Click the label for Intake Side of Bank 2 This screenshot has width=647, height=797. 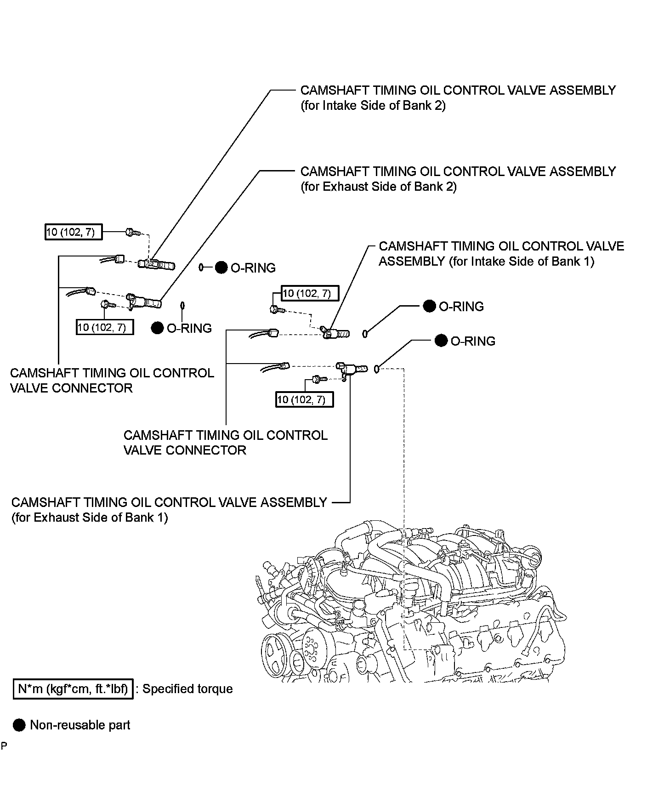[458, 97]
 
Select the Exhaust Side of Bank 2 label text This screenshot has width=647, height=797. [458, 178]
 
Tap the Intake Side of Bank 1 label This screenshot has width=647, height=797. [501, 254]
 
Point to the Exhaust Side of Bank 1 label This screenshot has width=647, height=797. [169, 509]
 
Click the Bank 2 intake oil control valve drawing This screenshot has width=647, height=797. [159, 264]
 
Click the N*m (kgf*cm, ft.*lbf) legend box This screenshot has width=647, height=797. [73, 689]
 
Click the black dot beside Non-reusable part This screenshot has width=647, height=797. [19, 725]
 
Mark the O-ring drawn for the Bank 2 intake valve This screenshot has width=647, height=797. [201, 267]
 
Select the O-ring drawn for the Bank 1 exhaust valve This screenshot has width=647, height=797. [376, 369]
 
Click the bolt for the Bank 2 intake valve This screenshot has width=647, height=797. [131, 233]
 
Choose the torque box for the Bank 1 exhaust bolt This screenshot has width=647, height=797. [304, 399]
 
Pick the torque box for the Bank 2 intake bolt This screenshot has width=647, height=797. [73, 232]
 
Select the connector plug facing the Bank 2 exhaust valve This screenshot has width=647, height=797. [90, 291]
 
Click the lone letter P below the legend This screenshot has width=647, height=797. [4, 746]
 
